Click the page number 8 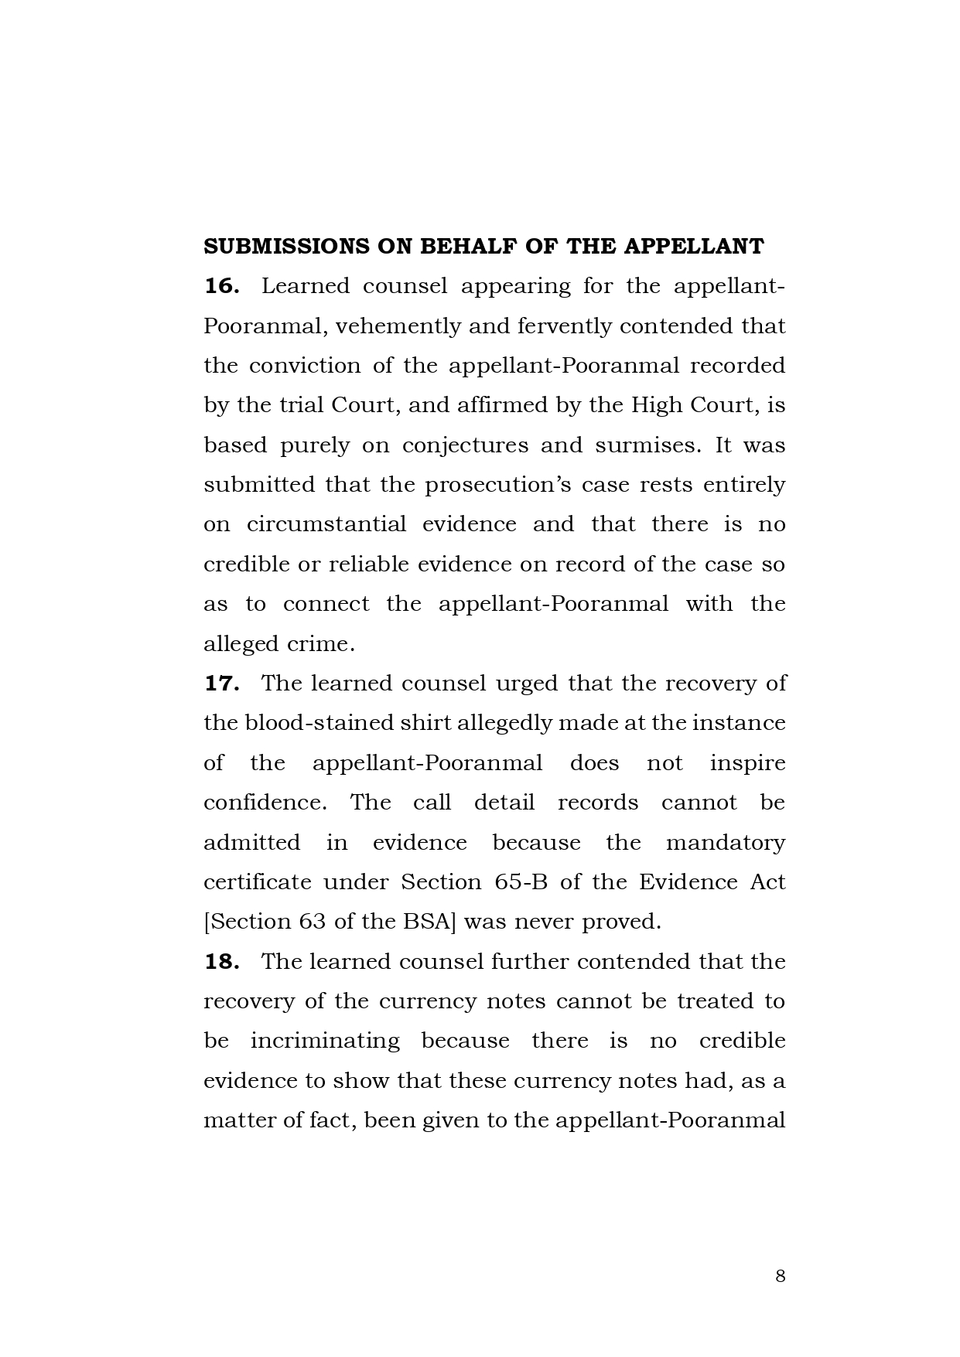(x=780, y=1275)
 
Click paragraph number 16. (x=220, y=286)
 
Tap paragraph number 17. (x=220, y=684)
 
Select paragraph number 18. (x=220, y=962)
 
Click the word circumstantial (x=326, y=524)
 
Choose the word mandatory (x=725, y=842)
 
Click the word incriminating (x=325, y=1041)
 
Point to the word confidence (x=265, y=803)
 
